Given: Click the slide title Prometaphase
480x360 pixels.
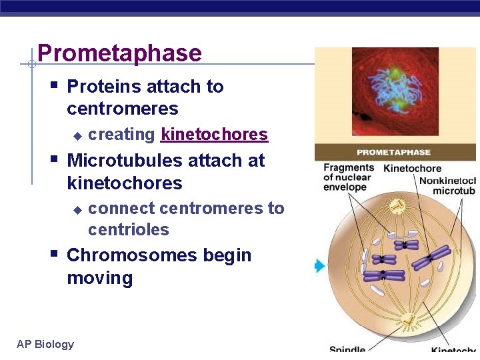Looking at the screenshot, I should coord(119,53).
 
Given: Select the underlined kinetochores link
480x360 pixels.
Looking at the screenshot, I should coord(214,135).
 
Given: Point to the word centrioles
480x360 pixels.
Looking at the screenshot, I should coord(128,230).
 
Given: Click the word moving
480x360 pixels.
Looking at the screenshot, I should coord(99,278).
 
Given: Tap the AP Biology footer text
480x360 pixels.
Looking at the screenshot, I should coord(45,344).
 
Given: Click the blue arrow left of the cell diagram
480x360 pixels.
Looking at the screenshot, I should coord(319,267).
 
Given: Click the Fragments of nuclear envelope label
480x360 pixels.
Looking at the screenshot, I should coord(349,177).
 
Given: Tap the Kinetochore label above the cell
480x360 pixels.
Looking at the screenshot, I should coord(412,169).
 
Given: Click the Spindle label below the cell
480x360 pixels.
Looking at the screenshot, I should coord(347,350).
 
